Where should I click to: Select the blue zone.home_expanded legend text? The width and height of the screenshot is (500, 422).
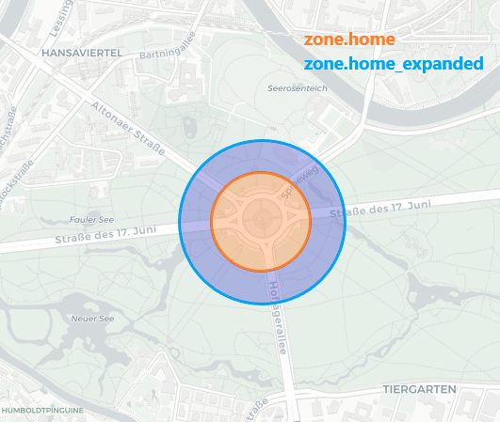coord(393,64)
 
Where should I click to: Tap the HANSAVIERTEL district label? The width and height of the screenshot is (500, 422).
coord(82,54)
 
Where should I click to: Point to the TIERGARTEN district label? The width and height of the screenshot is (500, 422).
coord(419,388)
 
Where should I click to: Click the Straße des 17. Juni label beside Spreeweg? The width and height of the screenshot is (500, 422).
coord(381,209)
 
